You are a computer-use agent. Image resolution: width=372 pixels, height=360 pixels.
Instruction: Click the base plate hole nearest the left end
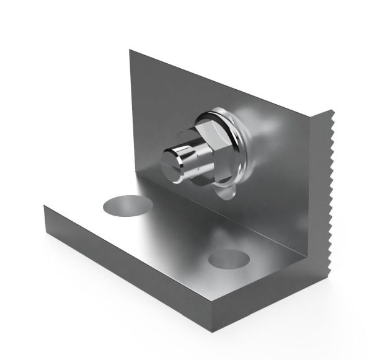tap(128, 205)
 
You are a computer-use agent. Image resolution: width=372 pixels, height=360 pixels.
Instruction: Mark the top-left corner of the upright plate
tap(130, 51)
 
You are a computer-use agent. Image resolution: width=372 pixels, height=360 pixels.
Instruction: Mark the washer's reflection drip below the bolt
tap(226, 192)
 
